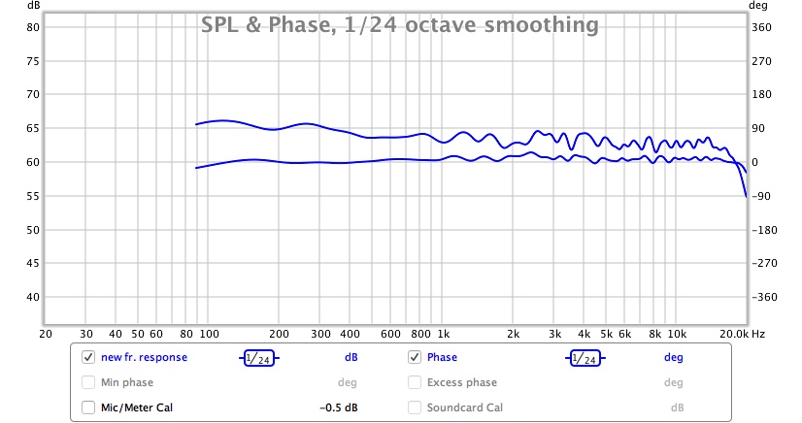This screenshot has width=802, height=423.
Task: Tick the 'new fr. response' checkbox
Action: pos(88,357)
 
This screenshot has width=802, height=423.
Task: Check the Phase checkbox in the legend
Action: pos(415,357)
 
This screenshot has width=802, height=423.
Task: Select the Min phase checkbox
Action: pos(88,382)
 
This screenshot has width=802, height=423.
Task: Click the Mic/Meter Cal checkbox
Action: pos(88,407)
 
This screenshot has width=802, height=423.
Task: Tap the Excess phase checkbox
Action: pos(415,382)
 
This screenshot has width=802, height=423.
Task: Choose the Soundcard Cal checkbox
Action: pos(415,407)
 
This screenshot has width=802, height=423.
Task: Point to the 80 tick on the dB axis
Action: pos(32,27)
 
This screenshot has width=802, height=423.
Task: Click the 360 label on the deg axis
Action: pos(763,27)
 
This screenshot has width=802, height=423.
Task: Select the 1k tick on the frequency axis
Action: pos(443,333)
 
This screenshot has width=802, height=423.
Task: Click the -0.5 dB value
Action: pos(339,407)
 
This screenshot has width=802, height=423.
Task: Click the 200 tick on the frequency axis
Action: pos(280,333)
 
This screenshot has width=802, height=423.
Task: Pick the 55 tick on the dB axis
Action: pos(32,196)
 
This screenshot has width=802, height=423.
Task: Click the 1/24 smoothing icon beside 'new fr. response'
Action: pos(258,357)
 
